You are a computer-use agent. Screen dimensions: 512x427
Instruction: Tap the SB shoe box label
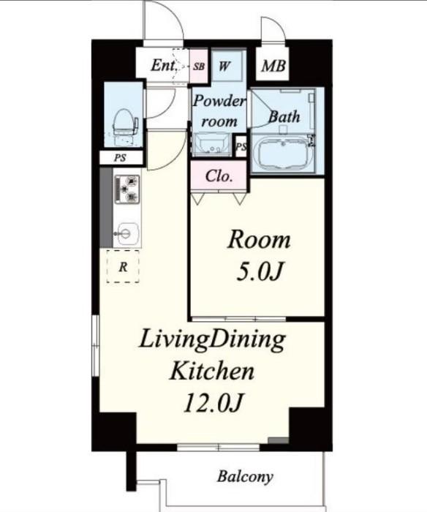199,66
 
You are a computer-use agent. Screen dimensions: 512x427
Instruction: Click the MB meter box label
273,66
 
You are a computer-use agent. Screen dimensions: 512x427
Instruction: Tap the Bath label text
284,115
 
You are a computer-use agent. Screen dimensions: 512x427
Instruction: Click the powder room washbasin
212,146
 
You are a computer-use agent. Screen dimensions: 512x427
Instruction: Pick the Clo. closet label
219,176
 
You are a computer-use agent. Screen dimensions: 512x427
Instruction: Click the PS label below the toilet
118,158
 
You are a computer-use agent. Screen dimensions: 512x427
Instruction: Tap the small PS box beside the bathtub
241,147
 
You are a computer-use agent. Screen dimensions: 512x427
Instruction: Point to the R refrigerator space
123,267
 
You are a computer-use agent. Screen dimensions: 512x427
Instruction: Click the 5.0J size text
259,271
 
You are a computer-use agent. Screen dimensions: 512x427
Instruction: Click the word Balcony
245,477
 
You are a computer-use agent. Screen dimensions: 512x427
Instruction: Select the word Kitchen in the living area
212,372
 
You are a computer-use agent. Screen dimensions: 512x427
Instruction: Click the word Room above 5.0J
259,239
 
